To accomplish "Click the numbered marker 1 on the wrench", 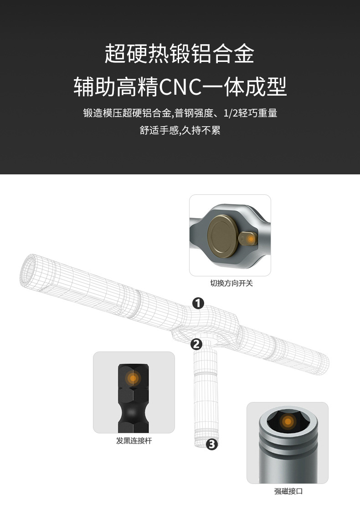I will (x=198, y=303).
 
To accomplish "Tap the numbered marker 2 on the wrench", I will (x=196, y=344).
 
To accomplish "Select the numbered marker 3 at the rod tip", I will (x=212, y=445).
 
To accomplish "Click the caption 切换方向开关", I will (x=231, y=283).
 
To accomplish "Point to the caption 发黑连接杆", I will (x=134, y=441).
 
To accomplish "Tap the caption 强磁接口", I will (x=288, y=491).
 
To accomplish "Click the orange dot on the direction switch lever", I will (x=250, y=238).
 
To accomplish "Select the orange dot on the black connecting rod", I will (x=133, y=377).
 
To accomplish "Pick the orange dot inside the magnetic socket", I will (x=288, y=422).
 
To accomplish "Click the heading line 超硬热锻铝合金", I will (x=180, y=54).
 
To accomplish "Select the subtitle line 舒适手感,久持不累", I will (x=180, y=131).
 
